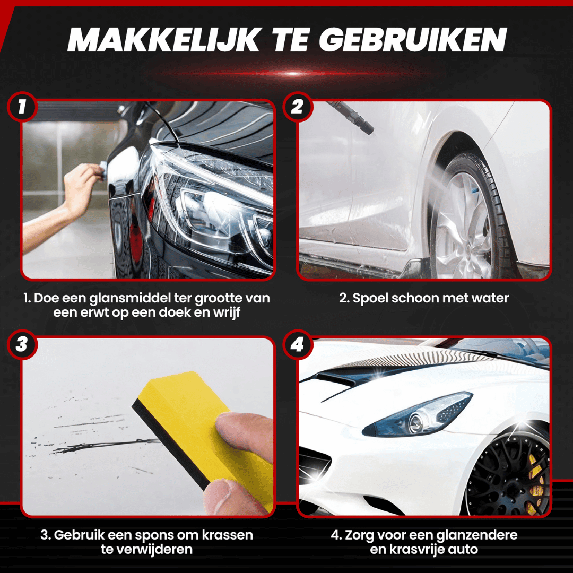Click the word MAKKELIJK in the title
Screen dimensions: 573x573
pos(164,40)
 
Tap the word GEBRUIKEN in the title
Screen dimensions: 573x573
pos(413,40)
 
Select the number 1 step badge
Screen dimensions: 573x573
pos(22,107)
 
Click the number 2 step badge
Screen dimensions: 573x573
pos(298,107)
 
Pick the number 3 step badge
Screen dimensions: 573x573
pos(22,344)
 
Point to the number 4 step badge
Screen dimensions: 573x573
pos(298,344)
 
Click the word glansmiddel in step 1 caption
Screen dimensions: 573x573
pos(129,298)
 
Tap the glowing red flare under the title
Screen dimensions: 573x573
pos(292,74)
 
